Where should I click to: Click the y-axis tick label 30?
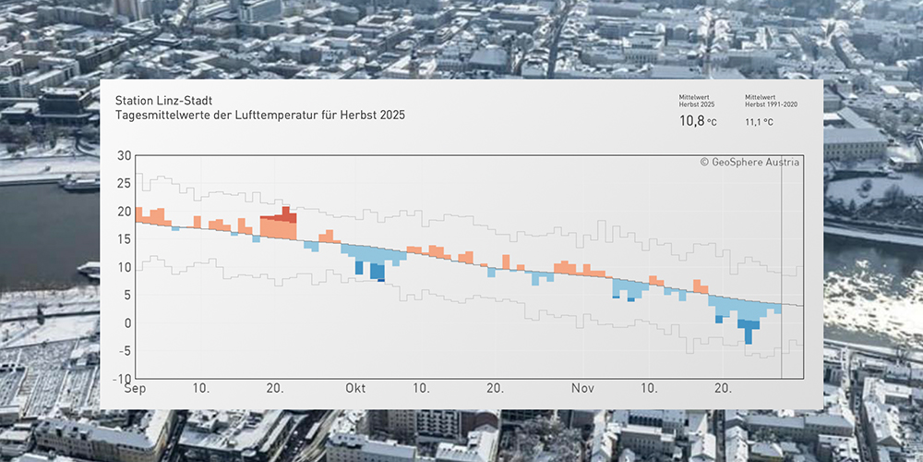124,155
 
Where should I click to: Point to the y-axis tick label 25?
124,183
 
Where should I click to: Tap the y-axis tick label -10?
121,379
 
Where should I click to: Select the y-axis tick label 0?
127,323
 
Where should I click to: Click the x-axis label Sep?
136,390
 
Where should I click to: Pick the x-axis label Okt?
356,390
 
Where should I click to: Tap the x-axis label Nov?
582,390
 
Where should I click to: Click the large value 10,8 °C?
697,121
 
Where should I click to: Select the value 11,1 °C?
759,121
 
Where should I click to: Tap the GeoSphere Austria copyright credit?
750,162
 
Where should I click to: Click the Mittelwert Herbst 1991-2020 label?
771,100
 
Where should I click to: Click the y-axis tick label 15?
124,239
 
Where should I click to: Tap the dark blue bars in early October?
377,272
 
